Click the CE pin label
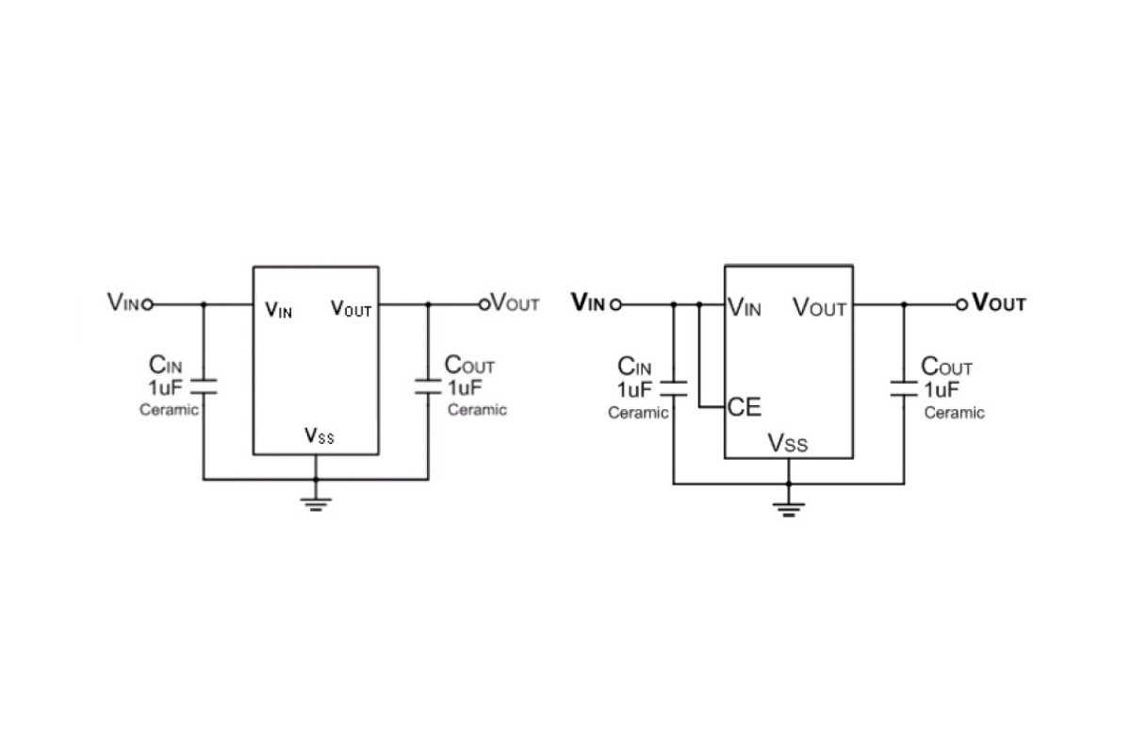(x=745, y=407)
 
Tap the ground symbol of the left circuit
(x=316, y=504)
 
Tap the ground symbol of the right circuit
(x=789, y=510)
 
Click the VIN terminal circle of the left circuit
(x=147, y=304)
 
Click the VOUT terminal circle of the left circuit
(x=484, y=304)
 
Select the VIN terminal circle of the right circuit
(x=615, y=304)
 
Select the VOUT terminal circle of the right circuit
(x=962, y=304)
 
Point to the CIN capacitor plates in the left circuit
(x=204, y=386)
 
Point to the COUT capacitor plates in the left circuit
(x=428, y=386)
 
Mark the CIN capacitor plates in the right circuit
(x=674, y=388)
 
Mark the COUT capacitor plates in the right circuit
(x=904, y=388)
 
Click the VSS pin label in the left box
(x=320, y=435)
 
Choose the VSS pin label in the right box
(x=788, y=443)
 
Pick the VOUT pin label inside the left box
(x=351, y=308)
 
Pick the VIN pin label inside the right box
(x=745, y=307)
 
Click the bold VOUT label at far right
(x=999, y=303)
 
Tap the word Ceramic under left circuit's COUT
(x=477, y=409)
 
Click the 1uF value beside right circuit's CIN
(x=634, y=389)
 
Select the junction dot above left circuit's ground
(x=316, y=480)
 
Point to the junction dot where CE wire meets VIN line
(x=699, y=304)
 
